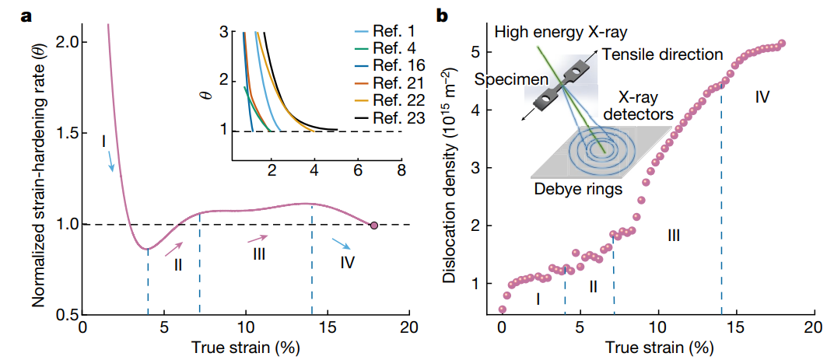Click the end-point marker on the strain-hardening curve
[x=374, y=225]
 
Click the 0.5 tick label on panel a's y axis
[x=65, y=316]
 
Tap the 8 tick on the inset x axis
[x=401, y=168]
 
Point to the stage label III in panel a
[x=259, y=254]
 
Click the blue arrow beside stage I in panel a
[x=112, y=161]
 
